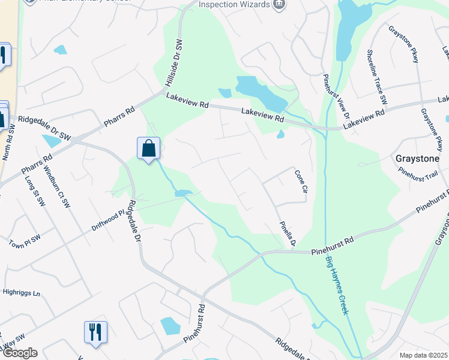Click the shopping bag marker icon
pyautogui.click(x=148, y=148)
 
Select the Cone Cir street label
pyautogui.click(x=301, y=181)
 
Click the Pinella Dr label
pyautogui.click(x=288, y=233)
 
